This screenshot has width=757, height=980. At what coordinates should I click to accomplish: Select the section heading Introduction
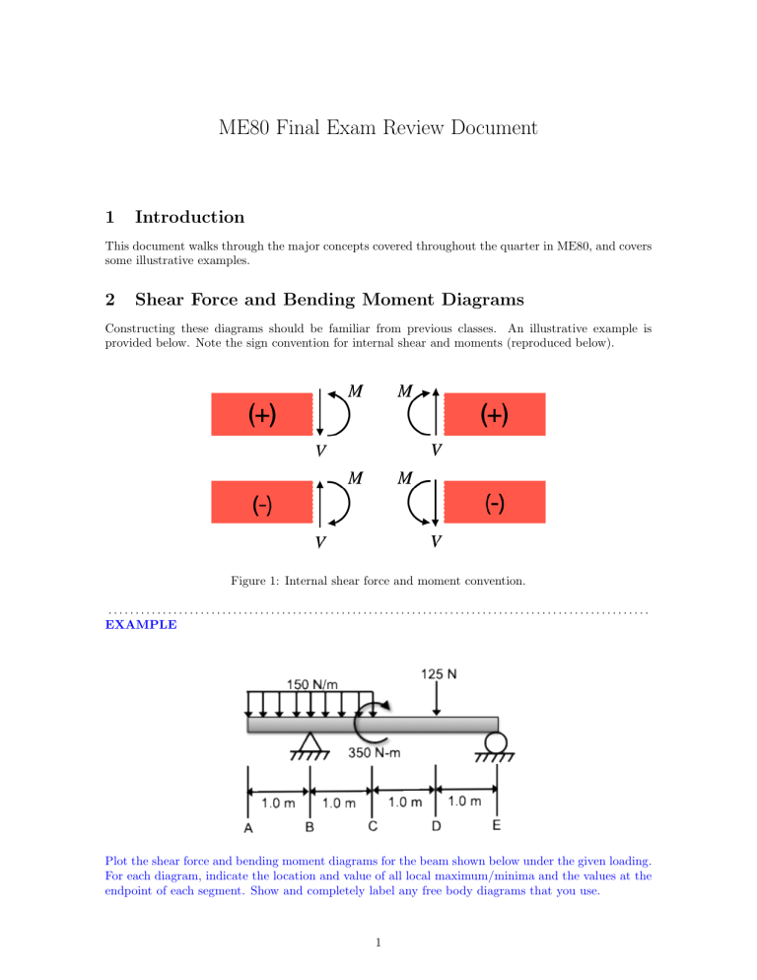(x=189, y=217)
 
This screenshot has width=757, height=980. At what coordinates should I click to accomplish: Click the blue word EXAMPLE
(x=141, y=625)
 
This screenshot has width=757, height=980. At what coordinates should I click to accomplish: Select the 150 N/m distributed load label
(x=314, y=682)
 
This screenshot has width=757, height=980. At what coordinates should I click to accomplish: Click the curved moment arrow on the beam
(x=373, y=724)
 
